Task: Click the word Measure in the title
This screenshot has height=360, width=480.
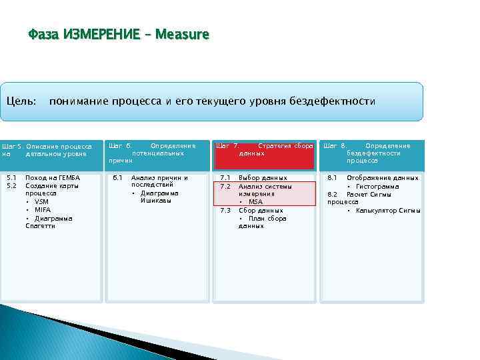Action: click(x=182, y=34)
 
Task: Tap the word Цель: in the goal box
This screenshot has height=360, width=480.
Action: click(x=21, y=101)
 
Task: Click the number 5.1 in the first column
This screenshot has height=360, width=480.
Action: click(x=11, y=178)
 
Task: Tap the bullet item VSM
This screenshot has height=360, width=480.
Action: click(x=41, y=202)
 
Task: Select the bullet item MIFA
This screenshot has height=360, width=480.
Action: click(x=43, y=210)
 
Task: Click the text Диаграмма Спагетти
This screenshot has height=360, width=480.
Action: click(x=48, y=222)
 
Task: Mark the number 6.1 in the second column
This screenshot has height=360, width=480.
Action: click(x=117, y=178)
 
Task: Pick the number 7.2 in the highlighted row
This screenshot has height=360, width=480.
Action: click(x=225, y=186)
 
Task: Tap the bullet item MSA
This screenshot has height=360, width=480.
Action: click(x=255, y=202)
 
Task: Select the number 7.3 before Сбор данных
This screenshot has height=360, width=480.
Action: click(x=225, y=210)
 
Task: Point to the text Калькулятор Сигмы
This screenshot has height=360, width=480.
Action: click(x=387, y=210)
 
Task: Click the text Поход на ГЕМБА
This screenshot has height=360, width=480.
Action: click(x=52, y=178)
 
